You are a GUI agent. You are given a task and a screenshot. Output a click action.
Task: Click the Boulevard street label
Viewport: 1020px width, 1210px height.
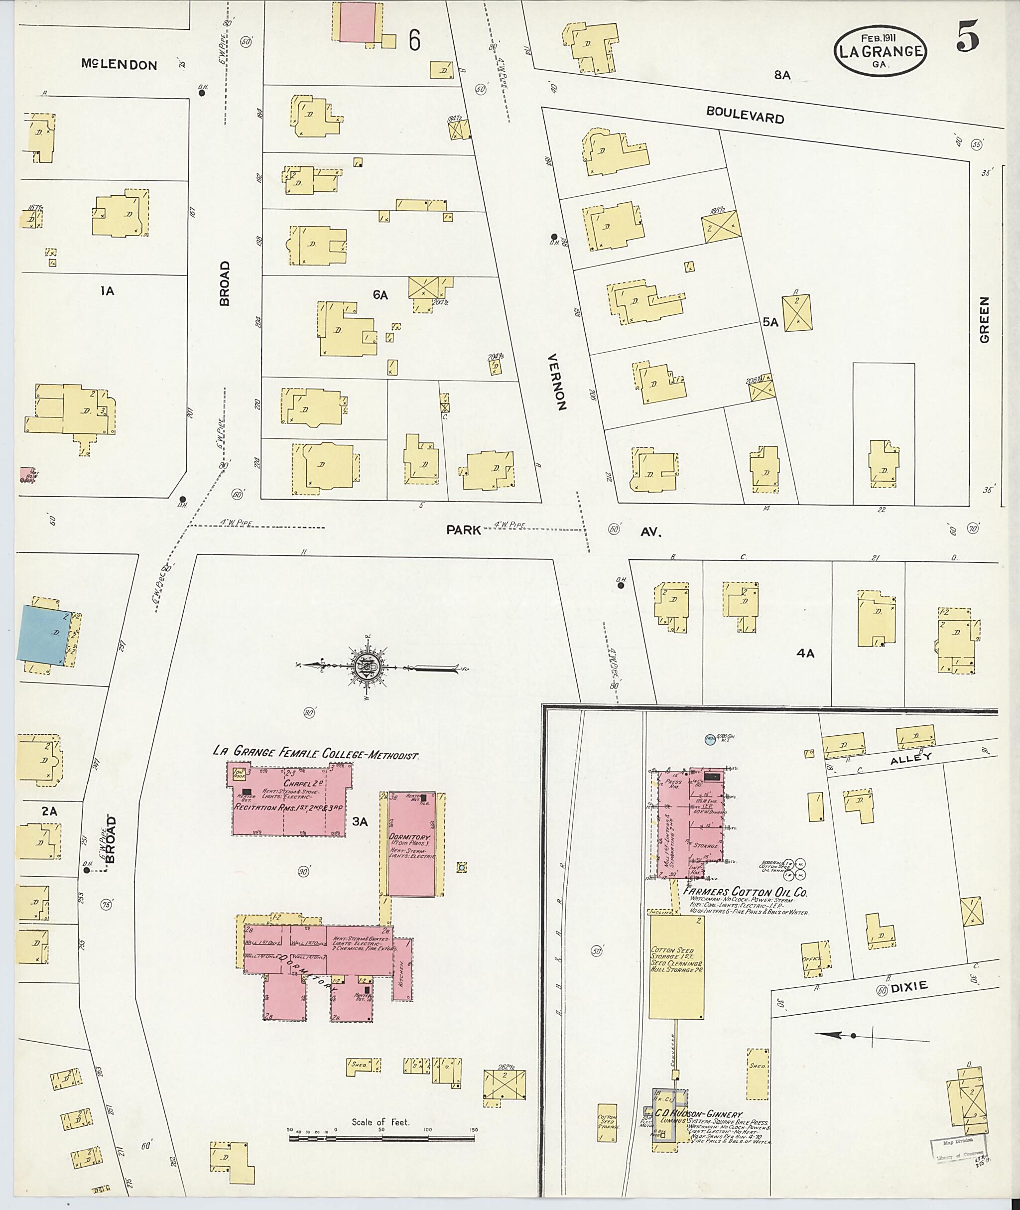tap(745, 115)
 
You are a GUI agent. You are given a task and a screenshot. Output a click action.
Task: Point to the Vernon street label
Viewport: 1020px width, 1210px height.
tap(557, 382)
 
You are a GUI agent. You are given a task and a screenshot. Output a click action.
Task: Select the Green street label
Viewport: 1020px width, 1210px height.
tap(985, 320)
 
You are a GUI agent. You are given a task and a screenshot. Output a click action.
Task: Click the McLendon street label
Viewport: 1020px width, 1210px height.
tap(119, 65)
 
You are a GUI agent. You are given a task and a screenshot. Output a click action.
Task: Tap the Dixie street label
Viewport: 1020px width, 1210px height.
tap(908, 987)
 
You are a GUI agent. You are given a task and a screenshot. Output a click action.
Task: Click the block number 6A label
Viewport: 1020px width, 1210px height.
tap(380, 295)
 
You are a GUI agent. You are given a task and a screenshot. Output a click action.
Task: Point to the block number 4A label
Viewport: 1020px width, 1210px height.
tap(805, 654)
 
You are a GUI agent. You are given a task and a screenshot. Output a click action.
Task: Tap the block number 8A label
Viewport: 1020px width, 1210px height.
tap(782, 75)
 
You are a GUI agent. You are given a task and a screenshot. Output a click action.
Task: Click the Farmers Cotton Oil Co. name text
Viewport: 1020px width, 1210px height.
tap(745, 892)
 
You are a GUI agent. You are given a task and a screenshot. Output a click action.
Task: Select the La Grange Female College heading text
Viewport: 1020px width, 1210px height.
tap(315, 753)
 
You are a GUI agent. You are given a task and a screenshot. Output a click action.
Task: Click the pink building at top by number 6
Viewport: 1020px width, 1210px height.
tap(357, 22)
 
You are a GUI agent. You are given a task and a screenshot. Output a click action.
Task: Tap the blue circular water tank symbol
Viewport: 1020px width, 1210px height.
tap(710, 739)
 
